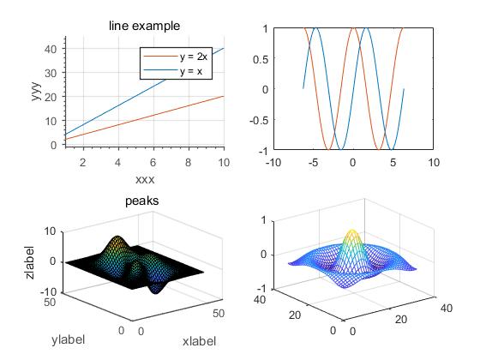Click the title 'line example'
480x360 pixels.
click(x=144, y=27)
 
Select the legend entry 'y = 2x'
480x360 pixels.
click(x=193, y=57)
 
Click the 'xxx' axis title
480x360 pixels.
click(x=144, y=179)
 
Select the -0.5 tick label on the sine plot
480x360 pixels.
click(x=258, y=120)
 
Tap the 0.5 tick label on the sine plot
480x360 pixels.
click(x=260, y=58)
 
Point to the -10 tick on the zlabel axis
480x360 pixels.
click(x=48, y=292)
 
